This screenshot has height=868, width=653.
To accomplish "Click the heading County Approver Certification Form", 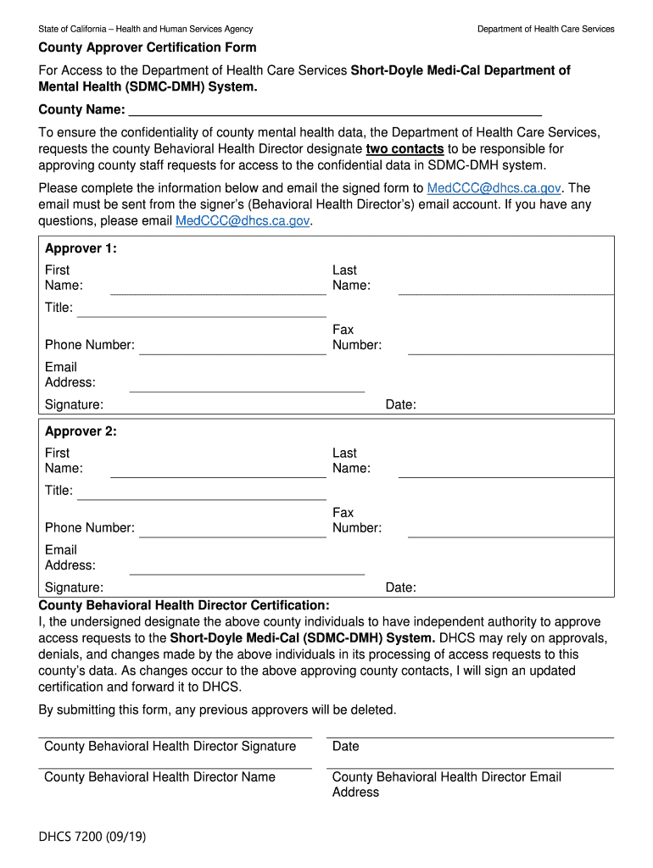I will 148,47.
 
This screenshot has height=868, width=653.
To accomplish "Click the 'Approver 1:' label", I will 81,248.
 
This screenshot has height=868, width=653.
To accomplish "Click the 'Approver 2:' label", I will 81,431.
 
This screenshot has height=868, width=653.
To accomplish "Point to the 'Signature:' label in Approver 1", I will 74,405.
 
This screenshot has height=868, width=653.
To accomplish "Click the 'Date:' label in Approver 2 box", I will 400,587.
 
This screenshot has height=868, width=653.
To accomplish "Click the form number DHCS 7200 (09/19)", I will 92,837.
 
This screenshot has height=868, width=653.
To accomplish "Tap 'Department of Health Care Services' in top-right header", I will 545,29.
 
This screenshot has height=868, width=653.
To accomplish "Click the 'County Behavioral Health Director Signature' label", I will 170,746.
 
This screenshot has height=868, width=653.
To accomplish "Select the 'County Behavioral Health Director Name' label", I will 159,776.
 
